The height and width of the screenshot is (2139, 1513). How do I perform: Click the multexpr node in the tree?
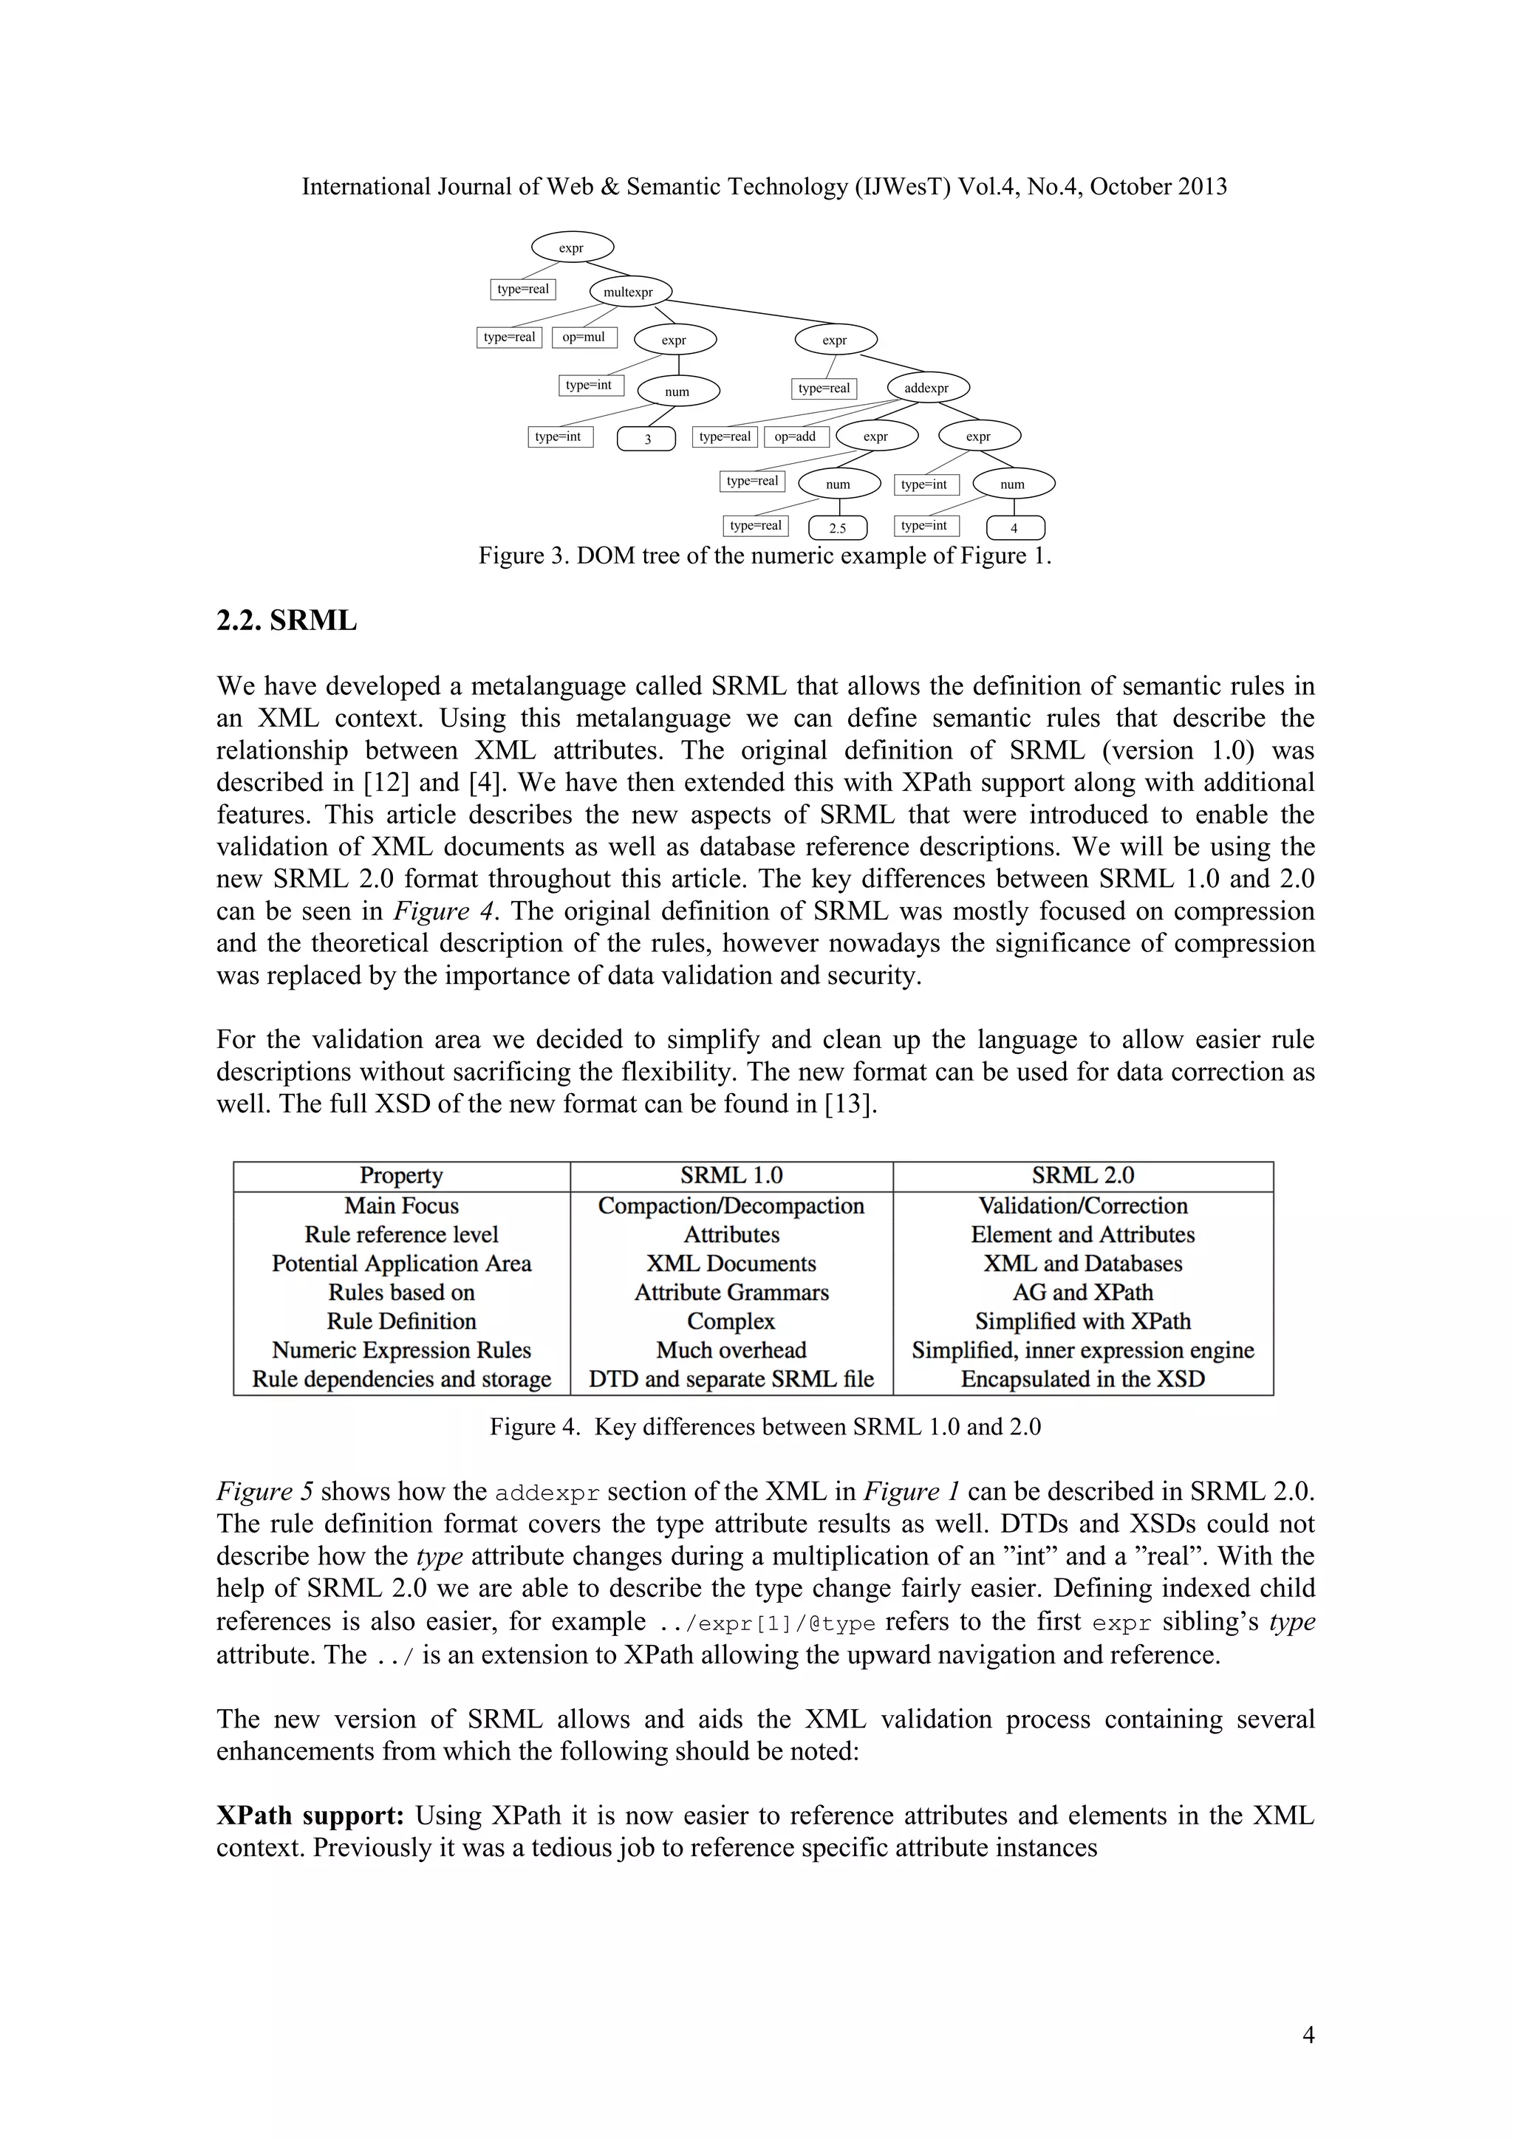629,292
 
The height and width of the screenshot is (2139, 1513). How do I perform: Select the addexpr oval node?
928,388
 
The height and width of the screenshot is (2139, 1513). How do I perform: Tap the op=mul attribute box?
584,338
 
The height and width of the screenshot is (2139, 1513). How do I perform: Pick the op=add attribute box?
796,436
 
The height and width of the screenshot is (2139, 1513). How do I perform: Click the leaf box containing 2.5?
838,528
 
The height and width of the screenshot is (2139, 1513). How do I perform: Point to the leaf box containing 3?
646,439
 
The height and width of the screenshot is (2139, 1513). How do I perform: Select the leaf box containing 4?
1014,528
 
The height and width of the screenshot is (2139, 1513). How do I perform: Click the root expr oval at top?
572,248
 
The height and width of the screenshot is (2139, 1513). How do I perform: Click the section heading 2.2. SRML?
286,620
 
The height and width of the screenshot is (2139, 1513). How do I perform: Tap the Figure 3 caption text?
764,556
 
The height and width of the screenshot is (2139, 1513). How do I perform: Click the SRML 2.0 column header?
1082,1176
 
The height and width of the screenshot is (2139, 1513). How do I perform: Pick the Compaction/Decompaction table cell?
731,1205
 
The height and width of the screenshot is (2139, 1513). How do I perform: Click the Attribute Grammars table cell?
731,1292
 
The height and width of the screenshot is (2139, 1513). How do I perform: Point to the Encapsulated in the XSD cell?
1082,1379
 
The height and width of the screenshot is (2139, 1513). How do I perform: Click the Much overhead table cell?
731,1350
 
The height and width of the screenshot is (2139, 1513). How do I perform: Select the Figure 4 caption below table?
764,1427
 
